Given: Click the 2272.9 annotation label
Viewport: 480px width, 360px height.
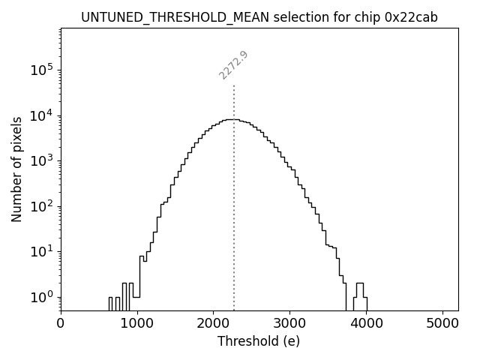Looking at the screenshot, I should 233,65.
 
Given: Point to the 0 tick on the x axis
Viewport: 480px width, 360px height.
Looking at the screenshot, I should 61,323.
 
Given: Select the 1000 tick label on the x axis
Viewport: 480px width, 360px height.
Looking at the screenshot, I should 137,323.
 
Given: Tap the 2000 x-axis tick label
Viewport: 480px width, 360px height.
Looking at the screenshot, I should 214,323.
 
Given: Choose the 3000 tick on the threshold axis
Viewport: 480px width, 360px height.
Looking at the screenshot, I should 290,323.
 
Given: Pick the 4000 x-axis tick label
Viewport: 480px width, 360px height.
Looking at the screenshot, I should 367,323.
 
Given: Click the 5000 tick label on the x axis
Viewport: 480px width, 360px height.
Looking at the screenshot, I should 442,323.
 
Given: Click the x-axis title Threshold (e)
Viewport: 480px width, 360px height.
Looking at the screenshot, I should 259,341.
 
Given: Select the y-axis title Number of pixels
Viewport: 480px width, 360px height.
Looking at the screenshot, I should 16,169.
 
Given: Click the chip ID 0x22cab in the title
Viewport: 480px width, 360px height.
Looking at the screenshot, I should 412,16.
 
